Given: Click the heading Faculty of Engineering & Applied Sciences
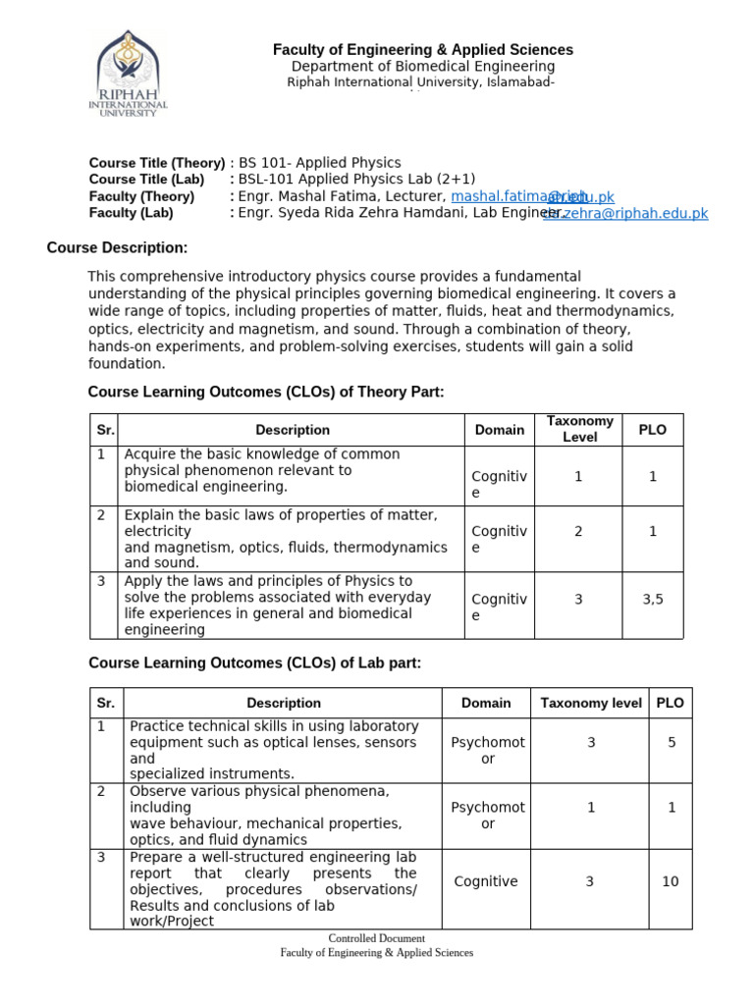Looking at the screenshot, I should click(422, 49).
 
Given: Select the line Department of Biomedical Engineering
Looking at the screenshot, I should click(422, 66).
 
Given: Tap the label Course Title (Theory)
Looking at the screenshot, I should click(156, 162).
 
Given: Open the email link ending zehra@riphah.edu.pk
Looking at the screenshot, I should click(626, 213).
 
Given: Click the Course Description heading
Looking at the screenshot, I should click(117, 247).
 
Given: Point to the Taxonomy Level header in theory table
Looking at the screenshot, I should click(579, 429).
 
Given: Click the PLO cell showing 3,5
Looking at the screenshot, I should click(653, 599).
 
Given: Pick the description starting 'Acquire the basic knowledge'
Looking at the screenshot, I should click(261, 470).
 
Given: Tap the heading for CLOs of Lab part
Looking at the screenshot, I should click(254, 663).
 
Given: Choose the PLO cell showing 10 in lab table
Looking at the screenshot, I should click(670, 881).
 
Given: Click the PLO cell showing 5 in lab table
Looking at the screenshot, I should click(672, 743).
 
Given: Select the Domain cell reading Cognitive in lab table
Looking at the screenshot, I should click(485, 881).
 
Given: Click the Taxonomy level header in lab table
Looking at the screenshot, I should click(591, 703).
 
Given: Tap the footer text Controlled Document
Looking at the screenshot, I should click(376, 939).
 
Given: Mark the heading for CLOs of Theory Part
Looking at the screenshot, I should click(266, 392).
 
